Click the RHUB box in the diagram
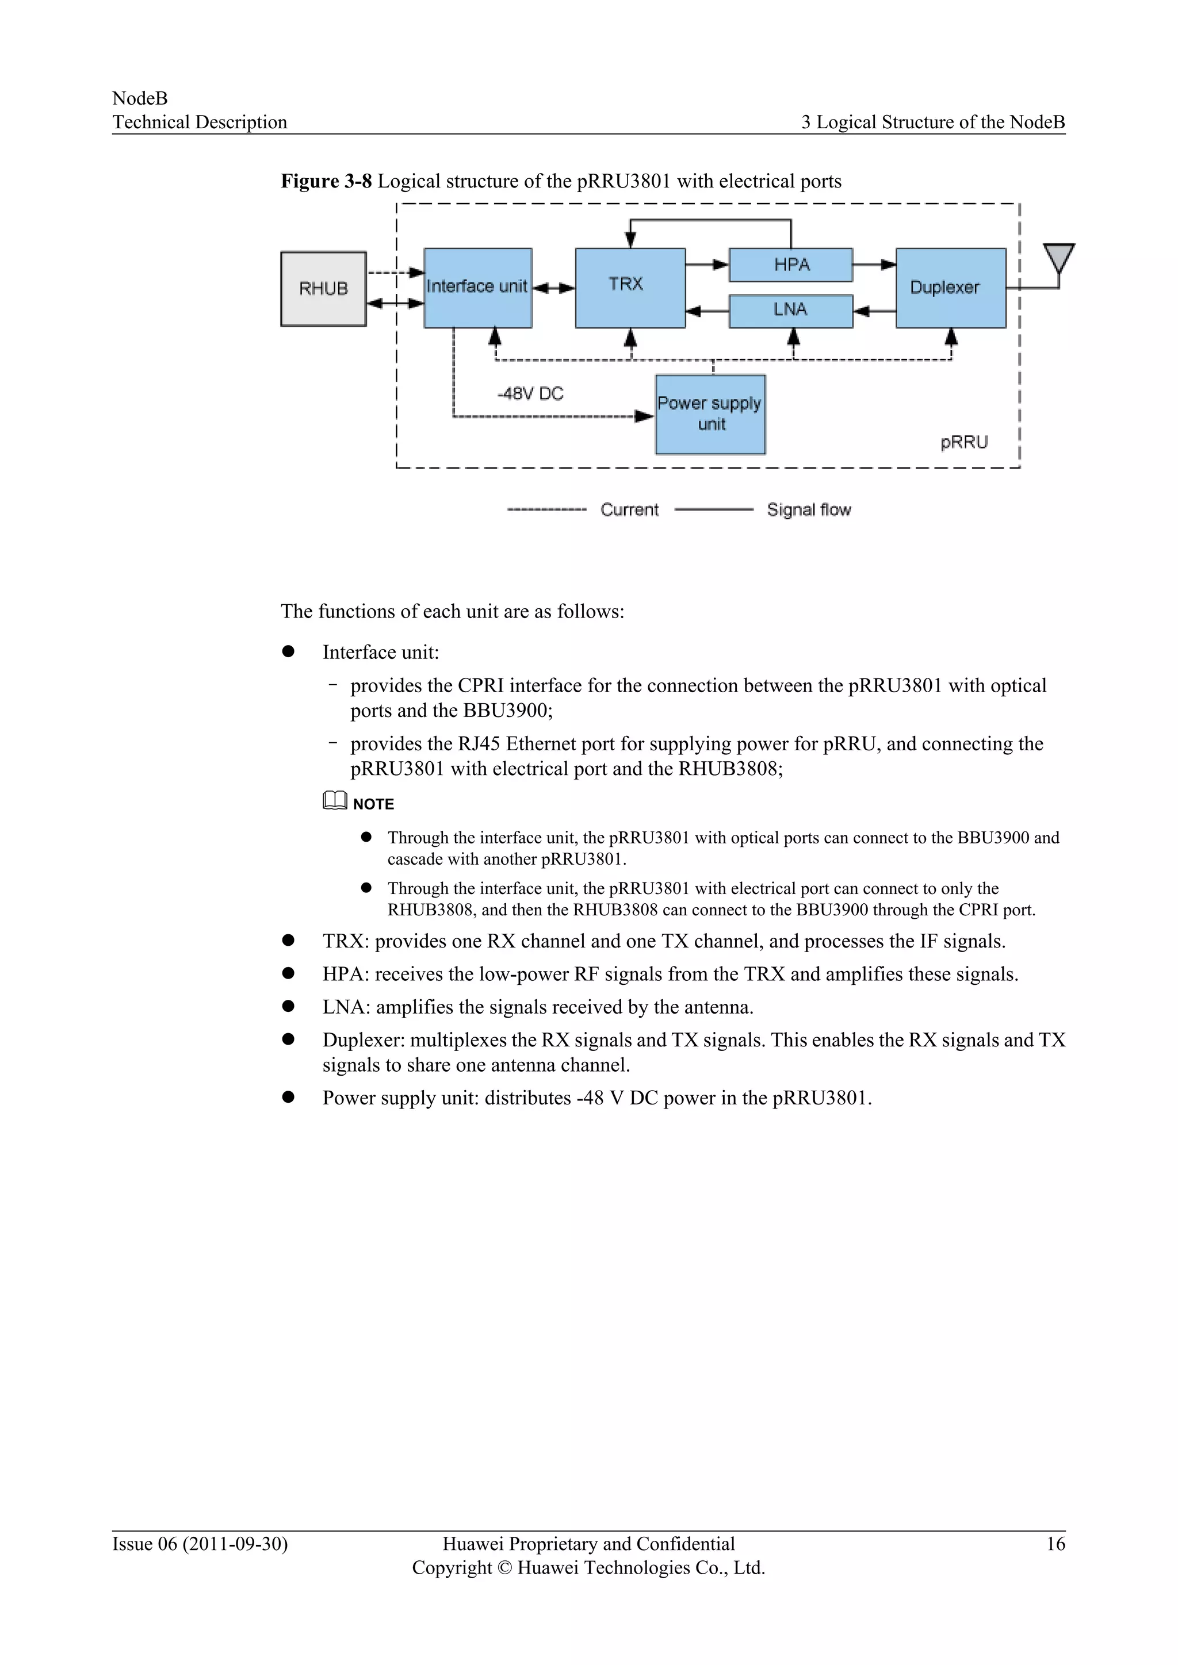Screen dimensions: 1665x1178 point(323,289)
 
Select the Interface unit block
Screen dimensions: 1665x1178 point(477,287)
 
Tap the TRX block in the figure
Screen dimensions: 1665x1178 point(630,287)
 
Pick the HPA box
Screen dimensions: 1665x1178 point(791,264)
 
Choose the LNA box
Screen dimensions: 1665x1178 point(791,310)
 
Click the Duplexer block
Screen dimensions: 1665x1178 point(950,287)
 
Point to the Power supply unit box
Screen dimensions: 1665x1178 point(709,414)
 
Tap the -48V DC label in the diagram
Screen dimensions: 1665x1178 point(530,394)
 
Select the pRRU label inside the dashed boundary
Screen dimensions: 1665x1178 point(964,442)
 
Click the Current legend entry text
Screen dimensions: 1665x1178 point(629,510)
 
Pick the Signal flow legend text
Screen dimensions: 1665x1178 point(809,510)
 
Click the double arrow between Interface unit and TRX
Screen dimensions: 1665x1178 point(553,288)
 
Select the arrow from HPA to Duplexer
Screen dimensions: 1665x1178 point(874,264)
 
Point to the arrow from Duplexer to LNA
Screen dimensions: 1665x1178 point(874,311)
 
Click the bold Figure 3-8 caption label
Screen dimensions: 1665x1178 point(326,181)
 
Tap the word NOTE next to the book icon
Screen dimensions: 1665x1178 point(373,804)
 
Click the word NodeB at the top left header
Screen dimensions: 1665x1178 point(140,98)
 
